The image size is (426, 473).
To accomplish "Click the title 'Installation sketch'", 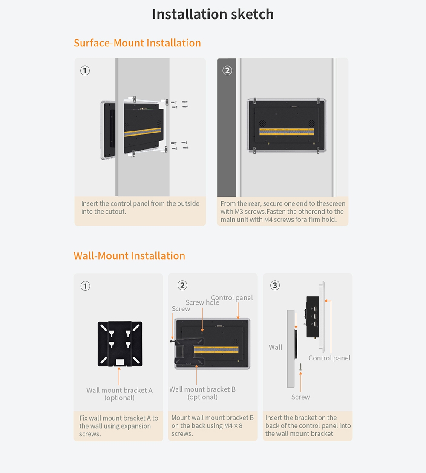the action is (x=213, y=14).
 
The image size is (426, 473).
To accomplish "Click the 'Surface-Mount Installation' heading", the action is (x=137, y=43).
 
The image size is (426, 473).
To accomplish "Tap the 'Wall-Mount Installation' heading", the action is (x=129, y=256).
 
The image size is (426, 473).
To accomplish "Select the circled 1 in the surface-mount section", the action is (x=85, y=71).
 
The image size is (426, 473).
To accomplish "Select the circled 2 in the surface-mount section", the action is (x=227, y=71).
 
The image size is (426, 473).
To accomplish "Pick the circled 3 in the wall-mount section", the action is (x=275, y=285).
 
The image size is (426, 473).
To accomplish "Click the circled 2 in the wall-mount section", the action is (x=182, y=285).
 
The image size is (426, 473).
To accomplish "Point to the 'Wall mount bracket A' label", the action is (x=119, y=390).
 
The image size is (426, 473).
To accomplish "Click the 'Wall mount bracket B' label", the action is (x=202, y=389).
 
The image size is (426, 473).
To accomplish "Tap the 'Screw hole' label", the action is (x=202, y=302).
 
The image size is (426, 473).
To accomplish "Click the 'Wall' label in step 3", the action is (x=275, y=347).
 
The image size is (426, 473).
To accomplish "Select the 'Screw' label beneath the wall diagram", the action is (x=300, y=397).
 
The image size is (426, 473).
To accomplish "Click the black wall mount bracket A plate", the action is (x=120, y=344).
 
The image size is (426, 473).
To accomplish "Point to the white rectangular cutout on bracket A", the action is (x=120, y=362).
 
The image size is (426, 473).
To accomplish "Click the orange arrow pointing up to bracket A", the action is (x=119, y=376).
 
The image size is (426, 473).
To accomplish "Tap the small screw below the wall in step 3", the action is (x=300, y=367).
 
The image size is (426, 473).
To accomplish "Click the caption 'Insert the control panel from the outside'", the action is (x=140, y=203).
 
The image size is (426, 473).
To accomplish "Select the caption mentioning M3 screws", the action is (x=282, y=212).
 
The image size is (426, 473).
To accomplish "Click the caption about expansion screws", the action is (x=119, y=426).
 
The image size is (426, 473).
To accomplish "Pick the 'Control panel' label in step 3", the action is (x=329, y=358).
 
